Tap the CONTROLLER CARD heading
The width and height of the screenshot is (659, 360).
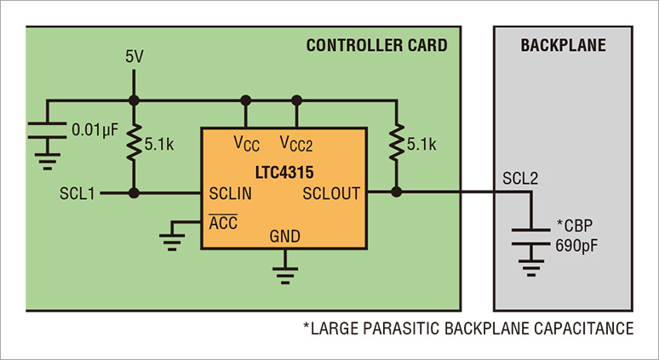click(376, 45)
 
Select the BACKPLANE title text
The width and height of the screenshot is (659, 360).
click(563, 45)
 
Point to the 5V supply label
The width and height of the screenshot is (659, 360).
click(135, 57)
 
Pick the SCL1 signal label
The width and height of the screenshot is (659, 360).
click(77, 193)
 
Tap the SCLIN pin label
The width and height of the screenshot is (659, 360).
click(230, 193)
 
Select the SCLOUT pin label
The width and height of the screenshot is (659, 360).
click(331, 193)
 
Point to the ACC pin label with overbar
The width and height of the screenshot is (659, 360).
click(223, 223)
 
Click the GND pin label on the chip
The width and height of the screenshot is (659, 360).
click(284, 236)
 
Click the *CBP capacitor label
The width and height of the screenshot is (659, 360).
click(576, 227)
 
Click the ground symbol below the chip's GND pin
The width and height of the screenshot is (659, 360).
click(284, 274)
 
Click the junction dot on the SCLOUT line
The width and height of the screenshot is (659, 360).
click(396, 193)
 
